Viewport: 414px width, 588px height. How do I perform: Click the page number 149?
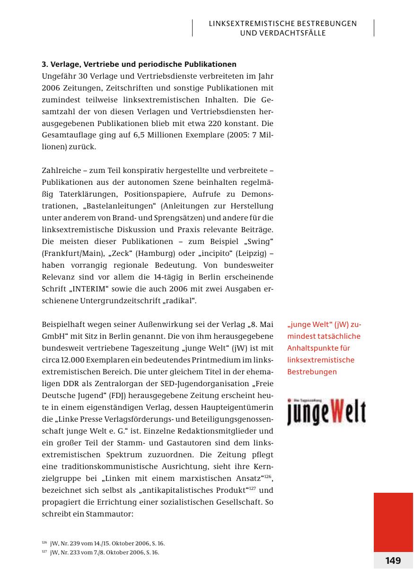click(x=393, y=561)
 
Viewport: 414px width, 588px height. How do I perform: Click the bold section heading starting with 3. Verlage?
click(x=139, y=64)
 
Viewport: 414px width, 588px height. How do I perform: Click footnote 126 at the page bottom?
click(x=103, y=543)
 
